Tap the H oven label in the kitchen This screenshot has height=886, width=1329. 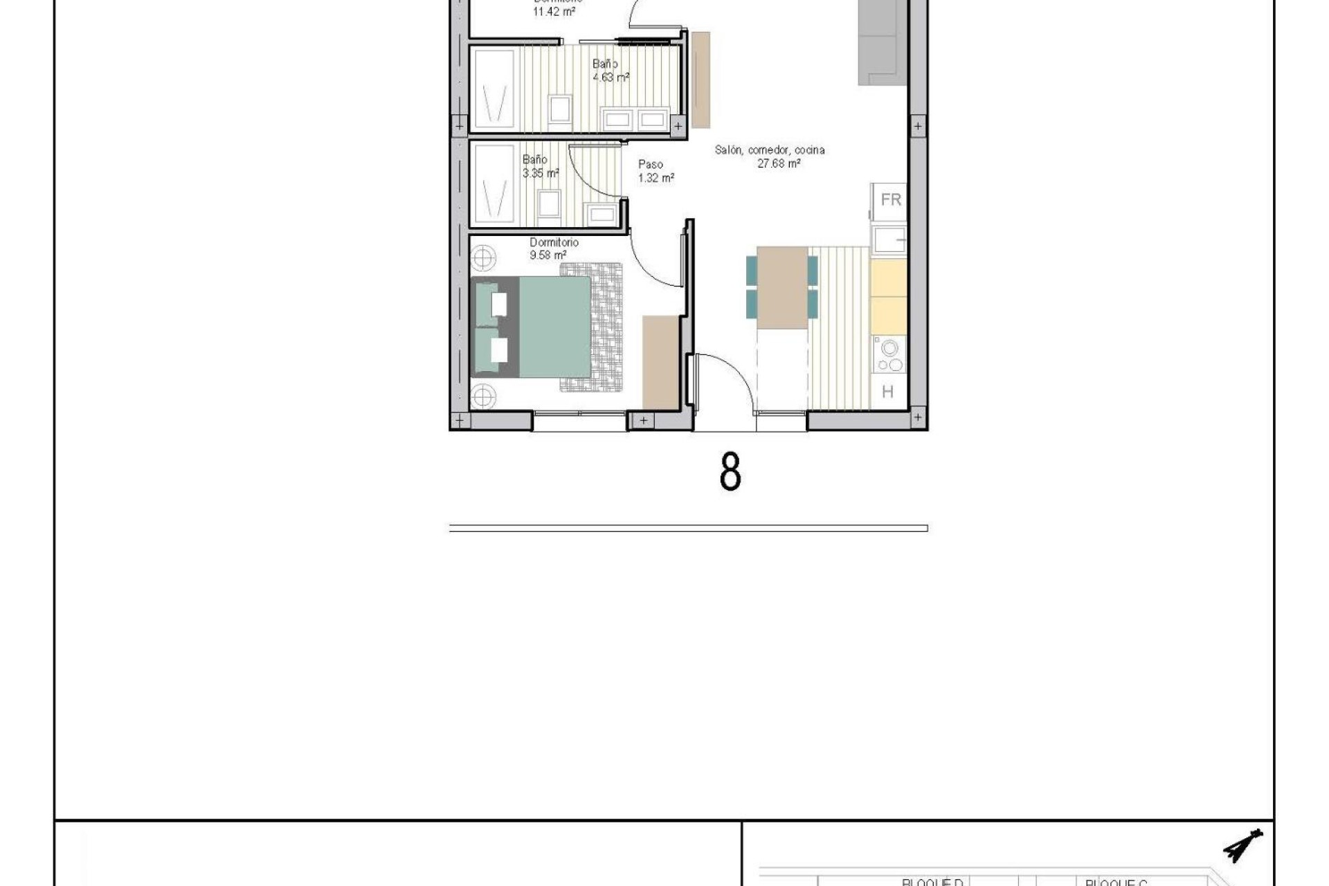click(x=888, y=392)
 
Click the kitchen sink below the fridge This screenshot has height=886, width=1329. click(x=889, y=240)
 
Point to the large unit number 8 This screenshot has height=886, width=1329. click(x=730, y=473)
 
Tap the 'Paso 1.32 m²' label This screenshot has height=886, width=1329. click(x=654, y=171)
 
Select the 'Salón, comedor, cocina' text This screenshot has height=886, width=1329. click(x=770, y=150)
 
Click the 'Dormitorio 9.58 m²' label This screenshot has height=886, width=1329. click(x=553, y=248)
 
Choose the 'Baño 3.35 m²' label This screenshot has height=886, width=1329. click(x=540, y=167)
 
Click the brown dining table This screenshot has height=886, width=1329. click(x=783, y=287)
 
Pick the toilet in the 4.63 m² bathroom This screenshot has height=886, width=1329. click(x=559, y=110)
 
